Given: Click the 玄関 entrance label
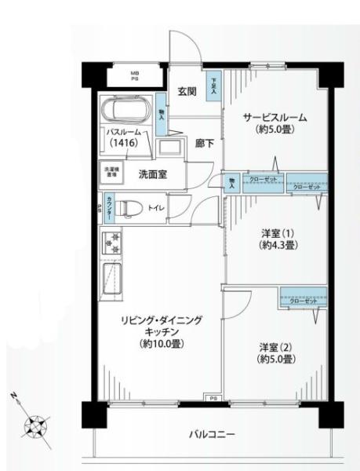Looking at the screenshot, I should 186,90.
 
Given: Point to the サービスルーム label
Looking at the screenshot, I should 275,118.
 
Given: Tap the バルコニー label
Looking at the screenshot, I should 212,433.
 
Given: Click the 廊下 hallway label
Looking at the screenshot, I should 205,144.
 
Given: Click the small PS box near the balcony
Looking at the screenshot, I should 213,398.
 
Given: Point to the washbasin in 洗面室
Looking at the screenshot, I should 168,147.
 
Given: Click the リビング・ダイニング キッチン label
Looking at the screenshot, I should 162,331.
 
